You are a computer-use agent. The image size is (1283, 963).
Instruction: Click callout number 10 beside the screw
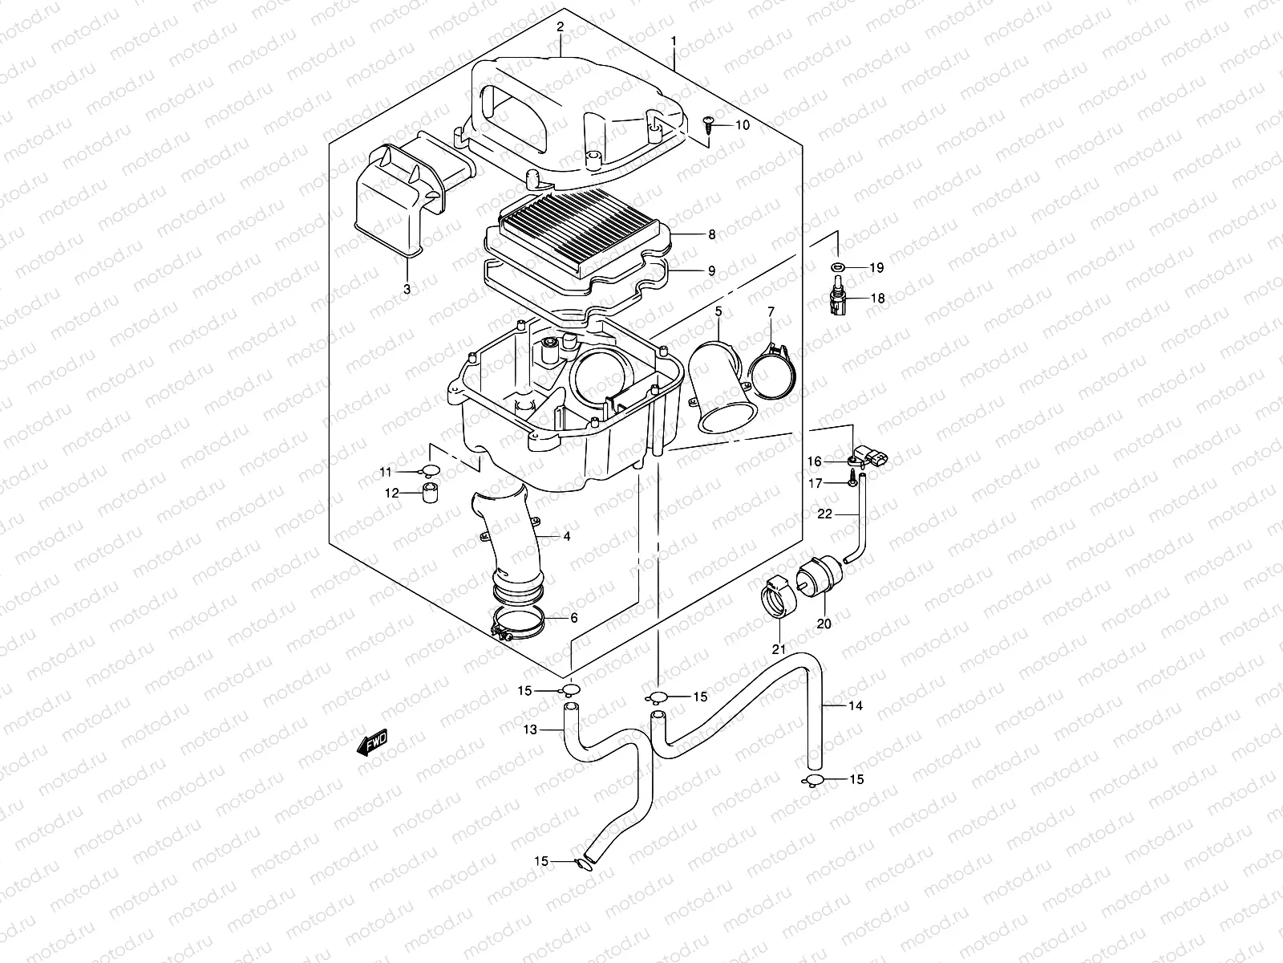pyautogui.click(x=742, y=125)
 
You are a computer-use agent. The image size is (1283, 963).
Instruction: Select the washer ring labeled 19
pyautogui.click(x=836, y=266)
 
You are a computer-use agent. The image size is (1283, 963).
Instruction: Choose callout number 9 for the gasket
pyautogui.click(x=710, y=271)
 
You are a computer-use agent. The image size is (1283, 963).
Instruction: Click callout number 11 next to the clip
pyautogui.click(x=386, y=471)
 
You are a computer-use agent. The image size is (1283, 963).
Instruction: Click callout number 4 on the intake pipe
pyautogui.click(x=566, y=536)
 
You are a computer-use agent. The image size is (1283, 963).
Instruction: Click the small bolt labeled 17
pyautogui.click(x=848, y=483)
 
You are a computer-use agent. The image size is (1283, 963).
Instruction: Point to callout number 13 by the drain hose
pyautogui.click(x=529, y=729)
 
